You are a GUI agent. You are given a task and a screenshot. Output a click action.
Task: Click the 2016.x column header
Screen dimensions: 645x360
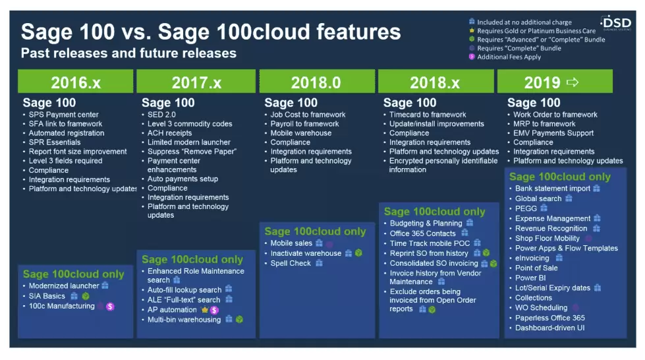click(75, 82)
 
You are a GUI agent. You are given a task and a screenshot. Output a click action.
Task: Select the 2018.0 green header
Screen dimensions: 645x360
click(317, 82)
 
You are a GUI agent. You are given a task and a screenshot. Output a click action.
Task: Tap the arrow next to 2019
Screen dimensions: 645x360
click(573, 82)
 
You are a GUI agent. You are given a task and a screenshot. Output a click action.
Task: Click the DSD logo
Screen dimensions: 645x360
click(616, 23)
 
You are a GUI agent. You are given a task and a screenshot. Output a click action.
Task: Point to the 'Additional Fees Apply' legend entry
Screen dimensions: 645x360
click(509, 57)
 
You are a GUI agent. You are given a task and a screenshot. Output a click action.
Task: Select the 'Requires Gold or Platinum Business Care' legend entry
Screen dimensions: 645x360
click(536, 31)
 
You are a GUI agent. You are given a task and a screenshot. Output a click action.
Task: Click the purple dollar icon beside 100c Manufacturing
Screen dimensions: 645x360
click(110, 307)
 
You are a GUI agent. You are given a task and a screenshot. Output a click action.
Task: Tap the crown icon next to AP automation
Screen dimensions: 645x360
click(204, 310)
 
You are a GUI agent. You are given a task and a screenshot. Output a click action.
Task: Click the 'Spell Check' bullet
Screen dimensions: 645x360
click(291, 263)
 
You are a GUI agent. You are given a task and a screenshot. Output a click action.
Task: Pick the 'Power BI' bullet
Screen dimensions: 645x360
click(530, 278)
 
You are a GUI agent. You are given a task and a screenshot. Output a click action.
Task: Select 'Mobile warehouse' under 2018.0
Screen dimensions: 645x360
click(300, 133)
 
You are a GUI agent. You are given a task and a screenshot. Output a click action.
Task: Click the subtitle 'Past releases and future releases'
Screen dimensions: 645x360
click(128, 53)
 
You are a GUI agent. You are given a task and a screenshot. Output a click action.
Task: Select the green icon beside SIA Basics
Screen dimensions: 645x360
click(86, 296)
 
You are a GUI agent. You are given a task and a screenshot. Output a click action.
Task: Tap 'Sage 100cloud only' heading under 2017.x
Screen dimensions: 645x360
click(192, 260)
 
